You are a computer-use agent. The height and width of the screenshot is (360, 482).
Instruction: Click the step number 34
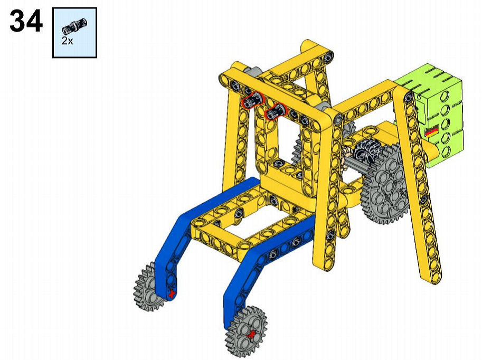pos(26,21)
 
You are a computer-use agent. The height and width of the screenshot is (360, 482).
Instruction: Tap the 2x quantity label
pos(68,41)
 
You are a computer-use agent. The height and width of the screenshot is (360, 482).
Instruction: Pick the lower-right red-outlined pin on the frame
pos(276,111)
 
